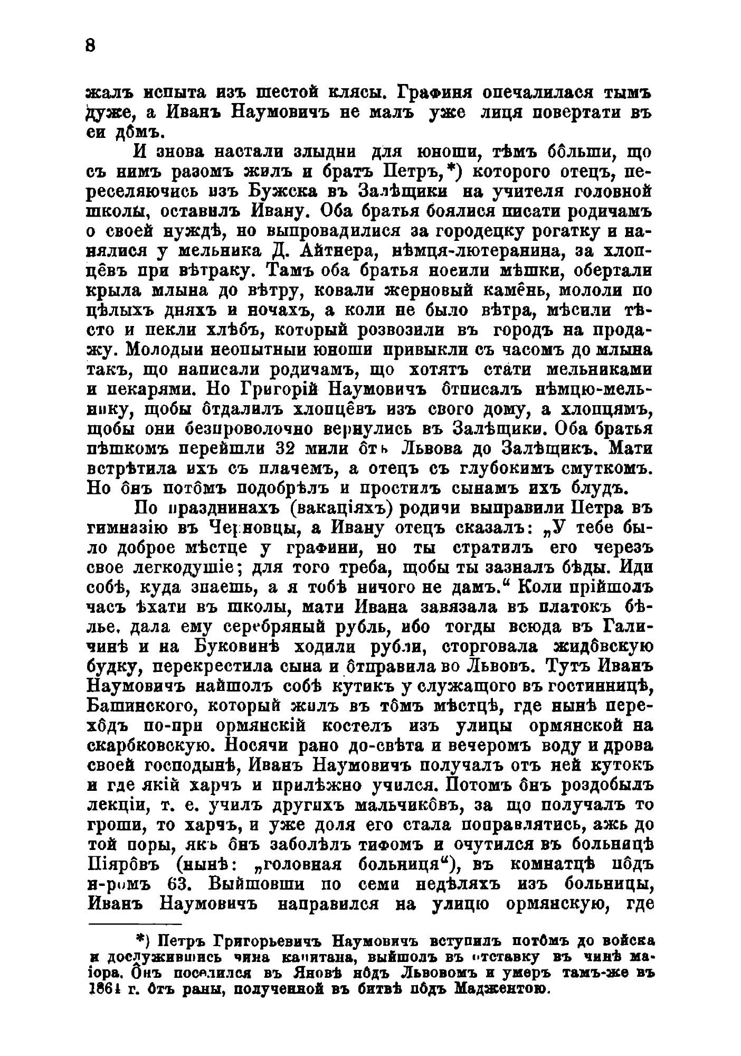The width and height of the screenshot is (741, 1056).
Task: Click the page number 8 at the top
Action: (90, 46)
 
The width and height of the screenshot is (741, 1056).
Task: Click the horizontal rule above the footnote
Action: (135, 924)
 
